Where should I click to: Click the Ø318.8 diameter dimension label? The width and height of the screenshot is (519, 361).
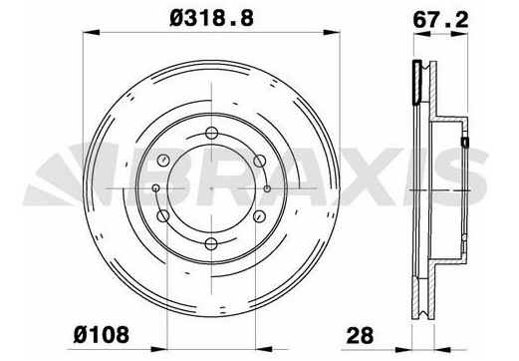[211, 18]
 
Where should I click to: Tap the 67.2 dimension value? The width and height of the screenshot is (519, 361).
[440, 20]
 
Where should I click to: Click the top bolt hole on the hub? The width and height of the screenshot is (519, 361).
[211, 133]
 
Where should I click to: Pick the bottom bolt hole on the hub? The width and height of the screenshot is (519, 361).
[211, 244]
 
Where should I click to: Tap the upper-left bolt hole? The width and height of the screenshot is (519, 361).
[163, 161]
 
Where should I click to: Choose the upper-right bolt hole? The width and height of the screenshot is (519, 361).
[260, 161]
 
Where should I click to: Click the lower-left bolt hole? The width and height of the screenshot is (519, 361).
[163, 216]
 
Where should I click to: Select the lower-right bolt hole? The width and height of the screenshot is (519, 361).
[259, 216]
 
